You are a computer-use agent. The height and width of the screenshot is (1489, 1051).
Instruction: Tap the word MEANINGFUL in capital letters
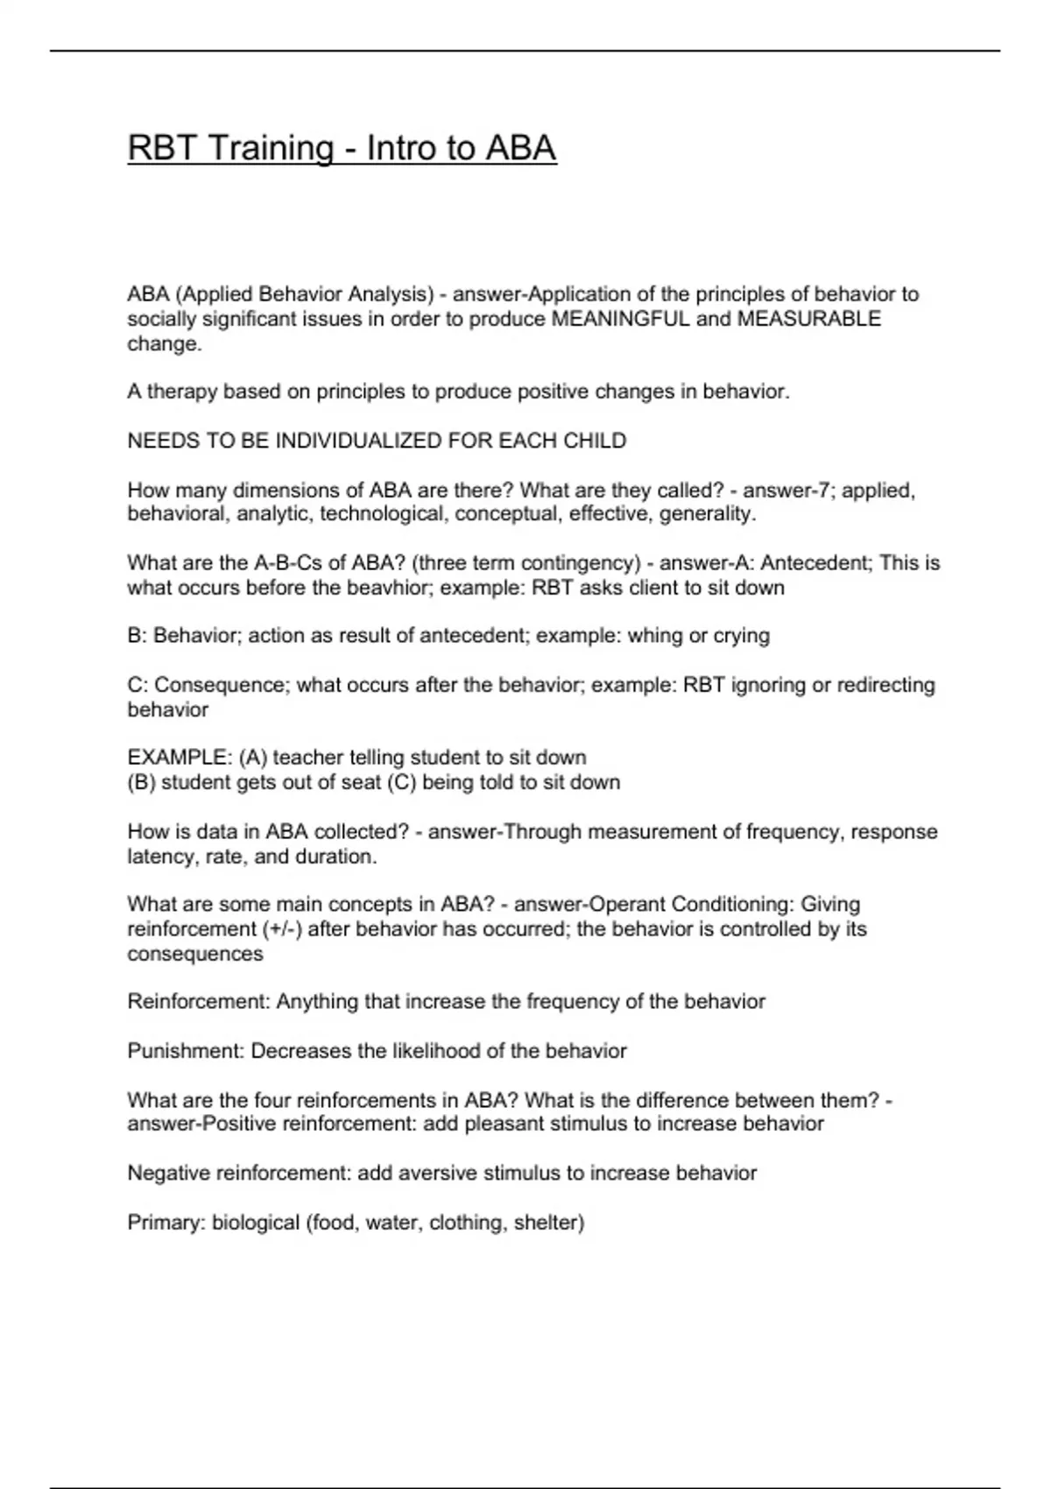[620, 319]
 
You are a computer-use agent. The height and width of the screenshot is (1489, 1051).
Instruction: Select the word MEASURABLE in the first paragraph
[809, 319]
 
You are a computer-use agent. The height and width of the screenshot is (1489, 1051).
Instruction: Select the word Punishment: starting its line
[186, 1050]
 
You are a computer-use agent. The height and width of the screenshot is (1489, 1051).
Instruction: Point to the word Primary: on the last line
[166, 1222]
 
